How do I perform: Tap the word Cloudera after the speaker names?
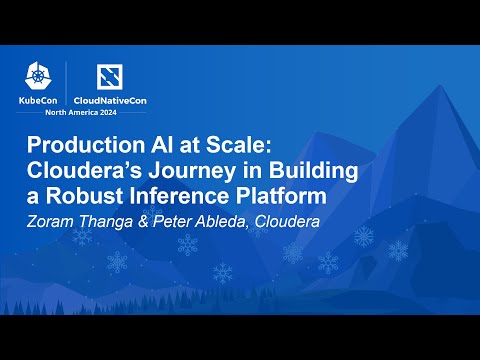[291, 222]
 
